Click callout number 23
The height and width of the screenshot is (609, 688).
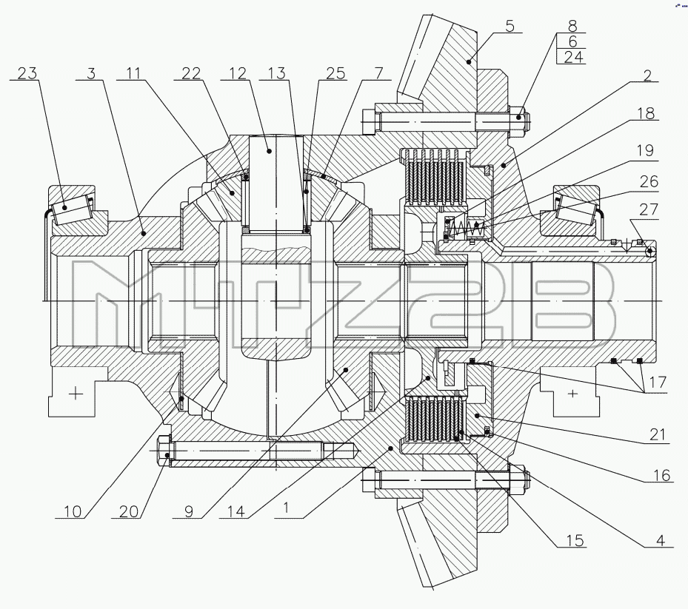pyautogui.click(x=27, y=73)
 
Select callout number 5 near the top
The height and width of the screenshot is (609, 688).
pyautogui.click(x=510, y=26)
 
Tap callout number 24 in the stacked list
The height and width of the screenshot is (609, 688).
pyautogui.click(x=574, y=56)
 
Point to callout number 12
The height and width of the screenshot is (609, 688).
pyautogui.click(x=238, y=73)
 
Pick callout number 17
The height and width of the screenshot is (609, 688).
pyautogui.click(x=658, y=382)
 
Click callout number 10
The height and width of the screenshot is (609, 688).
pyautogui.click(x=73, y=511)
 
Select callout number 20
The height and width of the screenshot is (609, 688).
pyautogui.click(x=129, y=511)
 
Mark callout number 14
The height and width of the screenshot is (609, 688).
pyautogui.click(x=236, y=511)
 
